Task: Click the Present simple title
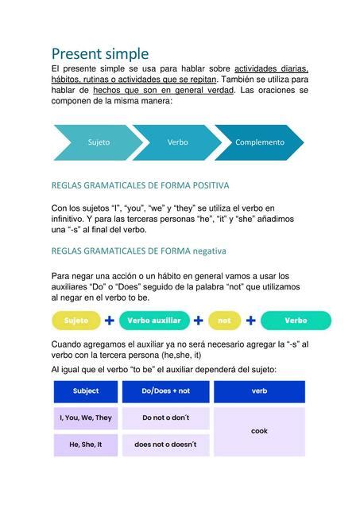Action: (100, 54)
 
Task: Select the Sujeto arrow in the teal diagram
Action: (99, 142)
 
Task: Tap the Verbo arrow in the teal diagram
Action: (177, 142)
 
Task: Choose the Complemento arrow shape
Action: (259, 142)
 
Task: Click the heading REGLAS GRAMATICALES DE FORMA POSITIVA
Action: (140, 185)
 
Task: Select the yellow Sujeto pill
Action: (76, 321)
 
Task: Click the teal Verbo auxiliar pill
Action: (154, 321)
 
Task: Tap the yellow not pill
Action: (224, 321)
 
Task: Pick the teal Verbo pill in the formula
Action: (296, 321)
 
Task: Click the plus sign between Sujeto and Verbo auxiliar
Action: (110, 321)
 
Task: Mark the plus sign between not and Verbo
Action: (250, 321)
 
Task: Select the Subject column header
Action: (86, 391)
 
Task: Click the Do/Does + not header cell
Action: (165, 391)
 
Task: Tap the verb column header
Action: (259, 391)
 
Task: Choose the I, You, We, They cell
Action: (86, 418)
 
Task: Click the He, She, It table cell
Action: (86, 445)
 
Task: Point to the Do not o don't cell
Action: (165, 418)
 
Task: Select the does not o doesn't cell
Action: (165, 445)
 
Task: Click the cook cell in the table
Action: (259, 431)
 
